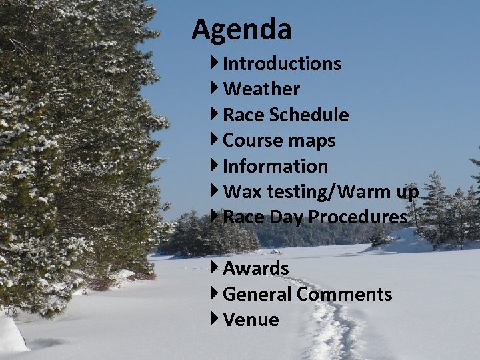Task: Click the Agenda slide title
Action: click(x=241, y=29)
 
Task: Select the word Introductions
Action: click(x=282, y=64)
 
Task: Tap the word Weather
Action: click(x=261, y=89)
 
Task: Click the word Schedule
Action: click(x=309, y=115)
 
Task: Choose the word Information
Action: click(x=275, y=166)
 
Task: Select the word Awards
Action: click(x=256, y=269)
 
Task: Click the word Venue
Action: click(x=251, y=320)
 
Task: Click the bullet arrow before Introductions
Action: click(x=215, y=63)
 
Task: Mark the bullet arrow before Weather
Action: click(x=215, y=89)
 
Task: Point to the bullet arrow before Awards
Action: click(x=215, y=268)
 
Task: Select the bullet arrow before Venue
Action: click(x=215, y=319)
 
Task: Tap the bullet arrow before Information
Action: click(x=215, y=165)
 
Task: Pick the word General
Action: click(x=257, y=294)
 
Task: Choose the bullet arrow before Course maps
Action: click(x=215, y=140)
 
